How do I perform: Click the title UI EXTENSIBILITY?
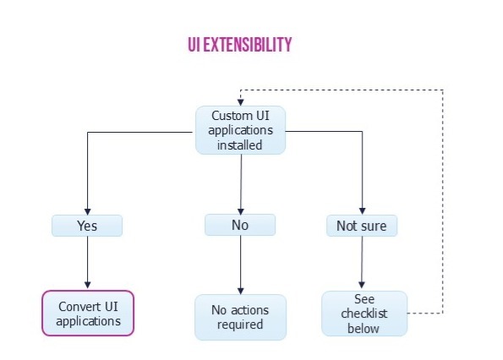pos(240,45)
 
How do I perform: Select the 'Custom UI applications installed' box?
pos(241,130)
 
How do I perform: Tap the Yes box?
pos(87,226)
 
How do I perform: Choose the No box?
pos(240,225)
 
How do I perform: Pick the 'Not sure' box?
pos(362,226)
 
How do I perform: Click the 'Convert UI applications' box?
pos(88,314)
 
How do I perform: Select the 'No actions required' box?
pos(241,317)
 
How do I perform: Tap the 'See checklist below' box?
pos(364,314)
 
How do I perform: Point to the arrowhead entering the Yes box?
pos(88,211)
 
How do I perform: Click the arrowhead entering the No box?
pos(241,211)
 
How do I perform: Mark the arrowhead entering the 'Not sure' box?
pos(362,211)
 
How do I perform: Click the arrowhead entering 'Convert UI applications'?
pos(88,285)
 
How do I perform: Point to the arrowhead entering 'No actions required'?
pos(241,291)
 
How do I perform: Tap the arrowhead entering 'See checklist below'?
pos(362,285)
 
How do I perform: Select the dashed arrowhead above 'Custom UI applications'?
pos(241,102)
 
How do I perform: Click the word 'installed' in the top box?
pos(239,145)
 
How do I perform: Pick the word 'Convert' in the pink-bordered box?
pos(76,307)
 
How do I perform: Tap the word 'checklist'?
pos(364,314)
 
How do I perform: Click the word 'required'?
pos(240,325)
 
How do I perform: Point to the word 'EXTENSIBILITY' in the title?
pos(248,45)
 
